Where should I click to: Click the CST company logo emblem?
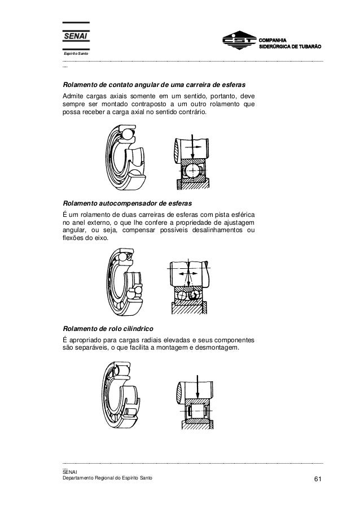(237, 42)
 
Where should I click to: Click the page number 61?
(318, 479)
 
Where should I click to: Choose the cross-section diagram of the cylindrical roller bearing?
(195, 400)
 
